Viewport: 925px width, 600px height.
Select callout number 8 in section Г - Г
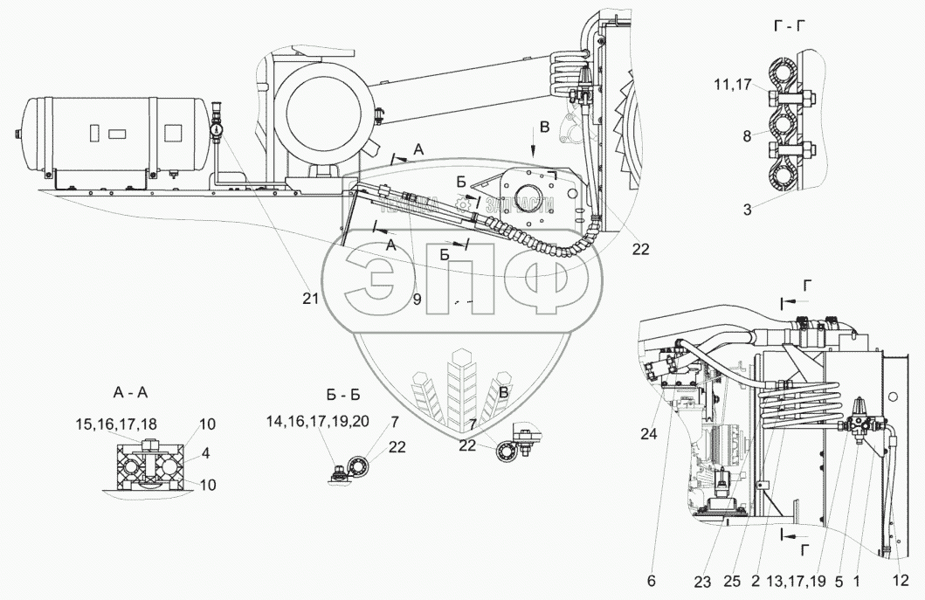click(745, 136)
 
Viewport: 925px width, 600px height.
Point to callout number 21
click(310, 299)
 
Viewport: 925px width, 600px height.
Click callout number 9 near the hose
click(417, 299)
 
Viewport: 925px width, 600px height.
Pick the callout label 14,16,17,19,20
click(318, 421)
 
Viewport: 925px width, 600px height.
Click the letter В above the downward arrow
click(545, 128)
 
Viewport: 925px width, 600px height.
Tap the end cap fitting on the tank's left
click(18, 134)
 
